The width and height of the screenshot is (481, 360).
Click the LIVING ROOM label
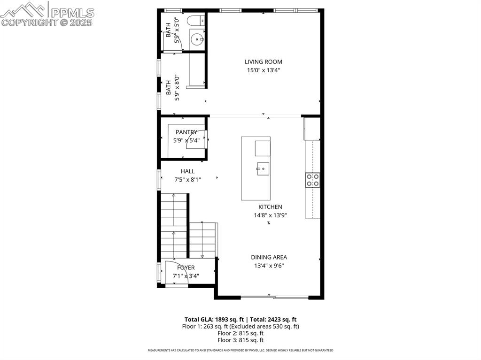(263, 61)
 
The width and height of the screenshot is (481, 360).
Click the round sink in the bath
(197, 39)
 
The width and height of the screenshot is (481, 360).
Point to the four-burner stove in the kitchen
(312, 180)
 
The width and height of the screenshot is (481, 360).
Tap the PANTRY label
(186, 132)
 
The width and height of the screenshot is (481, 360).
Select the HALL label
(187, 171)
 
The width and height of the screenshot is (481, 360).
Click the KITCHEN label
(270, 207)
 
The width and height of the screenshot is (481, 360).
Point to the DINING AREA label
(269, 257)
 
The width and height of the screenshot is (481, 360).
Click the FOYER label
(186, 268)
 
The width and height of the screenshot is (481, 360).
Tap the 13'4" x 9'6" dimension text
(269, 266)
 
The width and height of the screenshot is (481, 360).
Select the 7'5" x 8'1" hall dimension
(187, 179)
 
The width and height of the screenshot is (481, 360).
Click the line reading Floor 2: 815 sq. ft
(240, 333)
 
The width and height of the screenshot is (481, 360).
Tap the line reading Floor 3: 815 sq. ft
(240, 340)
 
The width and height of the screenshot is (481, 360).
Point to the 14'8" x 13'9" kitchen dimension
(270, 215)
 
